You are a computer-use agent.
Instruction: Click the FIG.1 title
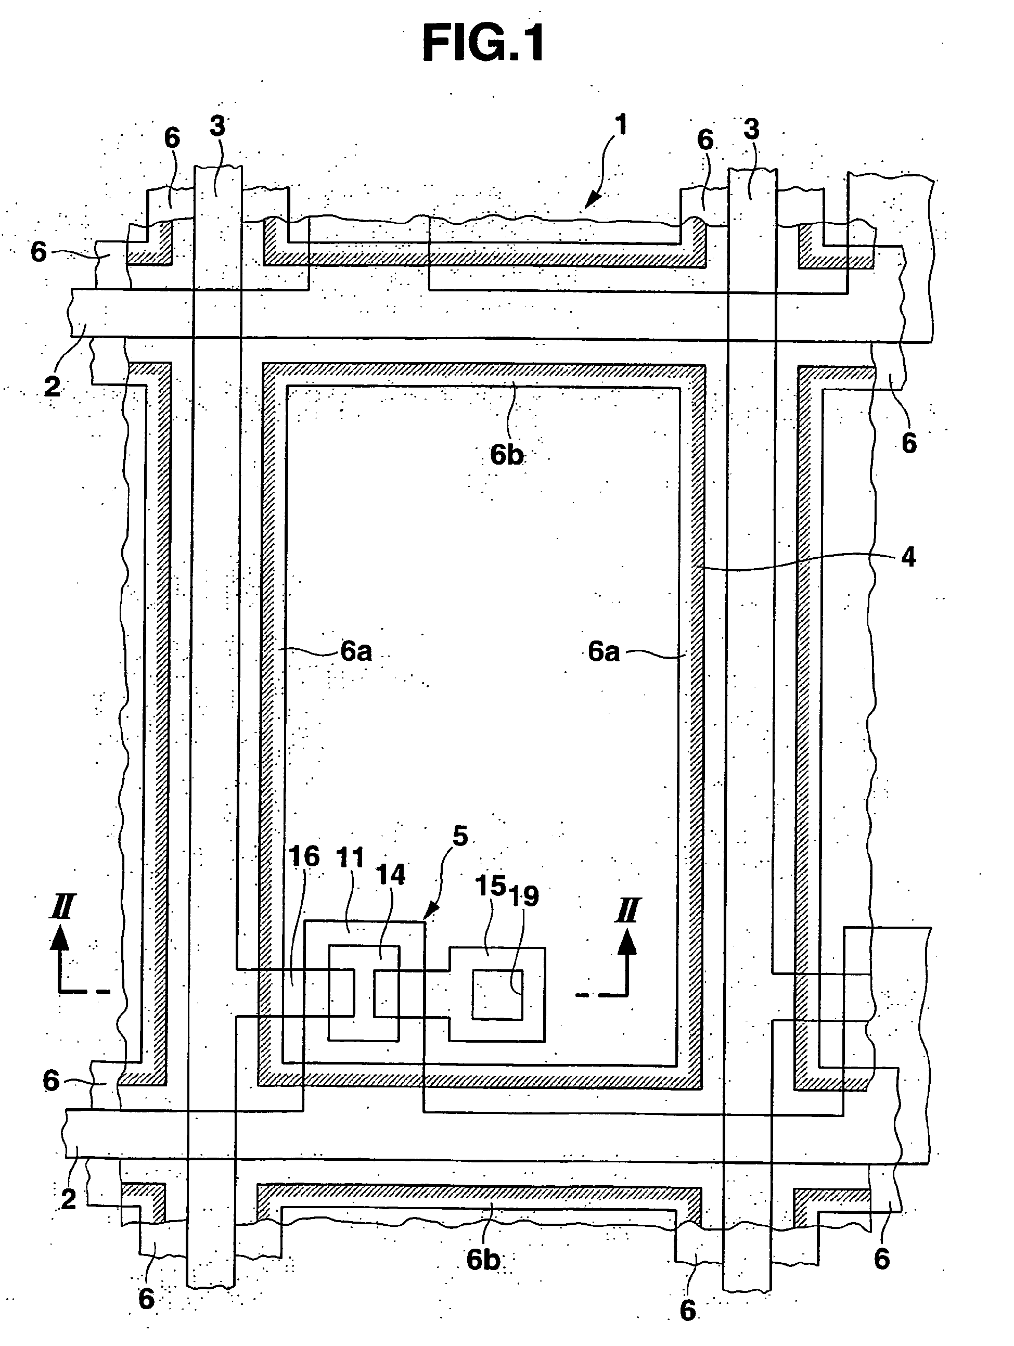pyautogui.click(x=484, y=44)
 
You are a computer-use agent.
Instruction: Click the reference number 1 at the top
pyautogui.click(x=620, y=125)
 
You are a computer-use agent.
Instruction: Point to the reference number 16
pyautogui.click(x=304, y=857)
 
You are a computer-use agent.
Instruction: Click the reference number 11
pyautogui.click(x=350, y=858)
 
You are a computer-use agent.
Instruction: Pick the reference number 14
pyautogui.click(x=390, y=875)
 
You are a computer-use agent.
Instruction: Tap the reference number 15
pyautogui.click(x=490, y=886)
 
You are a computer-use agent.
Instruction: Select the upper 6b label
pyautogui.click(x=507, y=455)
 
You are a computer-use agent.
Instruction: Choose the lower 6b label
pyautogui.click(x=483, y=1260)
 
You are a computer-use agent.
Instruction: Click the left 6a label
pyautogui.click(x=355, y=652)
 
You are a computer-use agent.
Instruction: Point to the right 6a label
pyautogui.click(x=603, y=652)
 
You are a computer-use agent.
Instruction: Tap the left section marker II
pyautogui.click(x=62, y=908)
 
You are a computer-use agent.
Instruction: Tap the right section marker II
pyautogui.click(x=627, y=912)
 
